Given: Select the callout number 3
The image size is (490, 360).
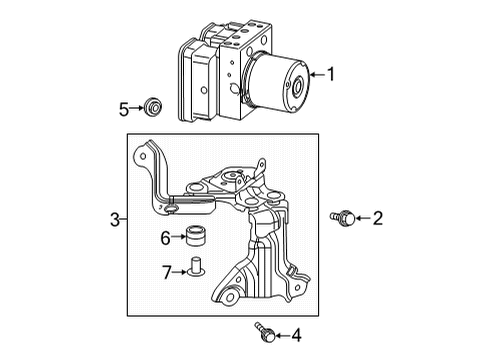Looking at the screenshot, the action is coord(115,219).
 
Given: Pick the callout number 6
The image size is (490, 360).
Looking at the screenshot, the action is coord(165,237).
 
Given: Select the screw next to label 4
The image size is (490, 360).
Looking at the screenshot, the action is coord(264,333).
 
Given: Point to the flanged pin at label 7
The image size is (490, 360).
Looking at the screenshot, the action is coord(195,270).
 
